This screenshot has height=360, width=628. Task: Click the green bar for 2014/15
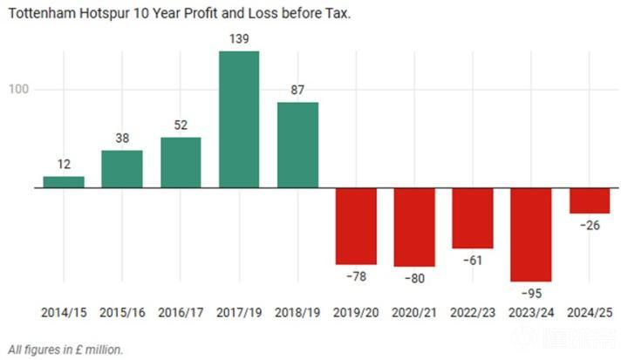click(64, 181)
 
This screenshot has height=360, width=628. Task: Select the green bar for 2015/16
click(122, 169)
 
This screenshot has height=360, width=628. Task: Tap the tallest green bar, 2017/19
click(239, 119)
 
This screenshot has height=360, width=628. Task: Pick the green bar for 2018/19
click(297, 145)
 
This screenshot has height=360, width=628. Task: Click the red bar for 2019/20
click(356, 226)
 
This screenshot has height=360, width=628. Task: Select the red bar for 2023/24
click(531, 234)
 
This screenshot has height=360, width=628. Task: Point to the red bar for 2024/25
click(590, 200)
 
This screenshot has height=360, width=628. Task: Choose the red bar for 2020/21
click(414, 227)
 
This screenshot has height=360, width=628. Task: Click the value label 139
click(239, 40)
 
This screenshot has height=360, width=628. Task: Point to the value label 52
click(181, 126)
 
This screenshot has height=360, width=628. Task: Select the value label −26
click(590, 226)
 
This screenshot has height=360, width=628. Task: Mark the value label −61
click(473, 261)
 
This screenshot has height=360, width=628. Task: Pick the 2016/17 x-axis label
click(181, 312)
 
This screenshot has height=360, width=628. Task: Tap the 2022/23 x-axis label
click(473, 312)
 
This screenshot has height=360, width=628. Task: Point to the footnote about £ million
click(65, 349)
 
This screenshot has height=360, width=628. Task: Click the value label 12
click(64, 165)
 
